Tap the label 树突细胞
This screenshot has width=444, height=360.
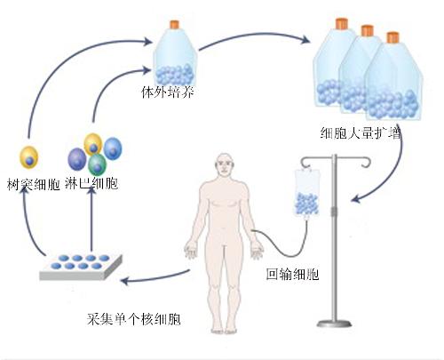click(x=33, y=184)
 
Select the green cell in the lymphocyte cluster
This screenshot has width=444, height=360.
click(x=97, y=164)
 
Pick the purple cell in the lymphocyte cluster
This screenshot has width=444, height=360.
click(x=78, y=159)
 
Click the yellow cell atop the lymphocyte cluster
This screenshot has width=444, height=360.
click(x=94, y=142)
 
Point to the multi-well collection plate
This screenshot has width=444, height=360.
click(x=79, y=266)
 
